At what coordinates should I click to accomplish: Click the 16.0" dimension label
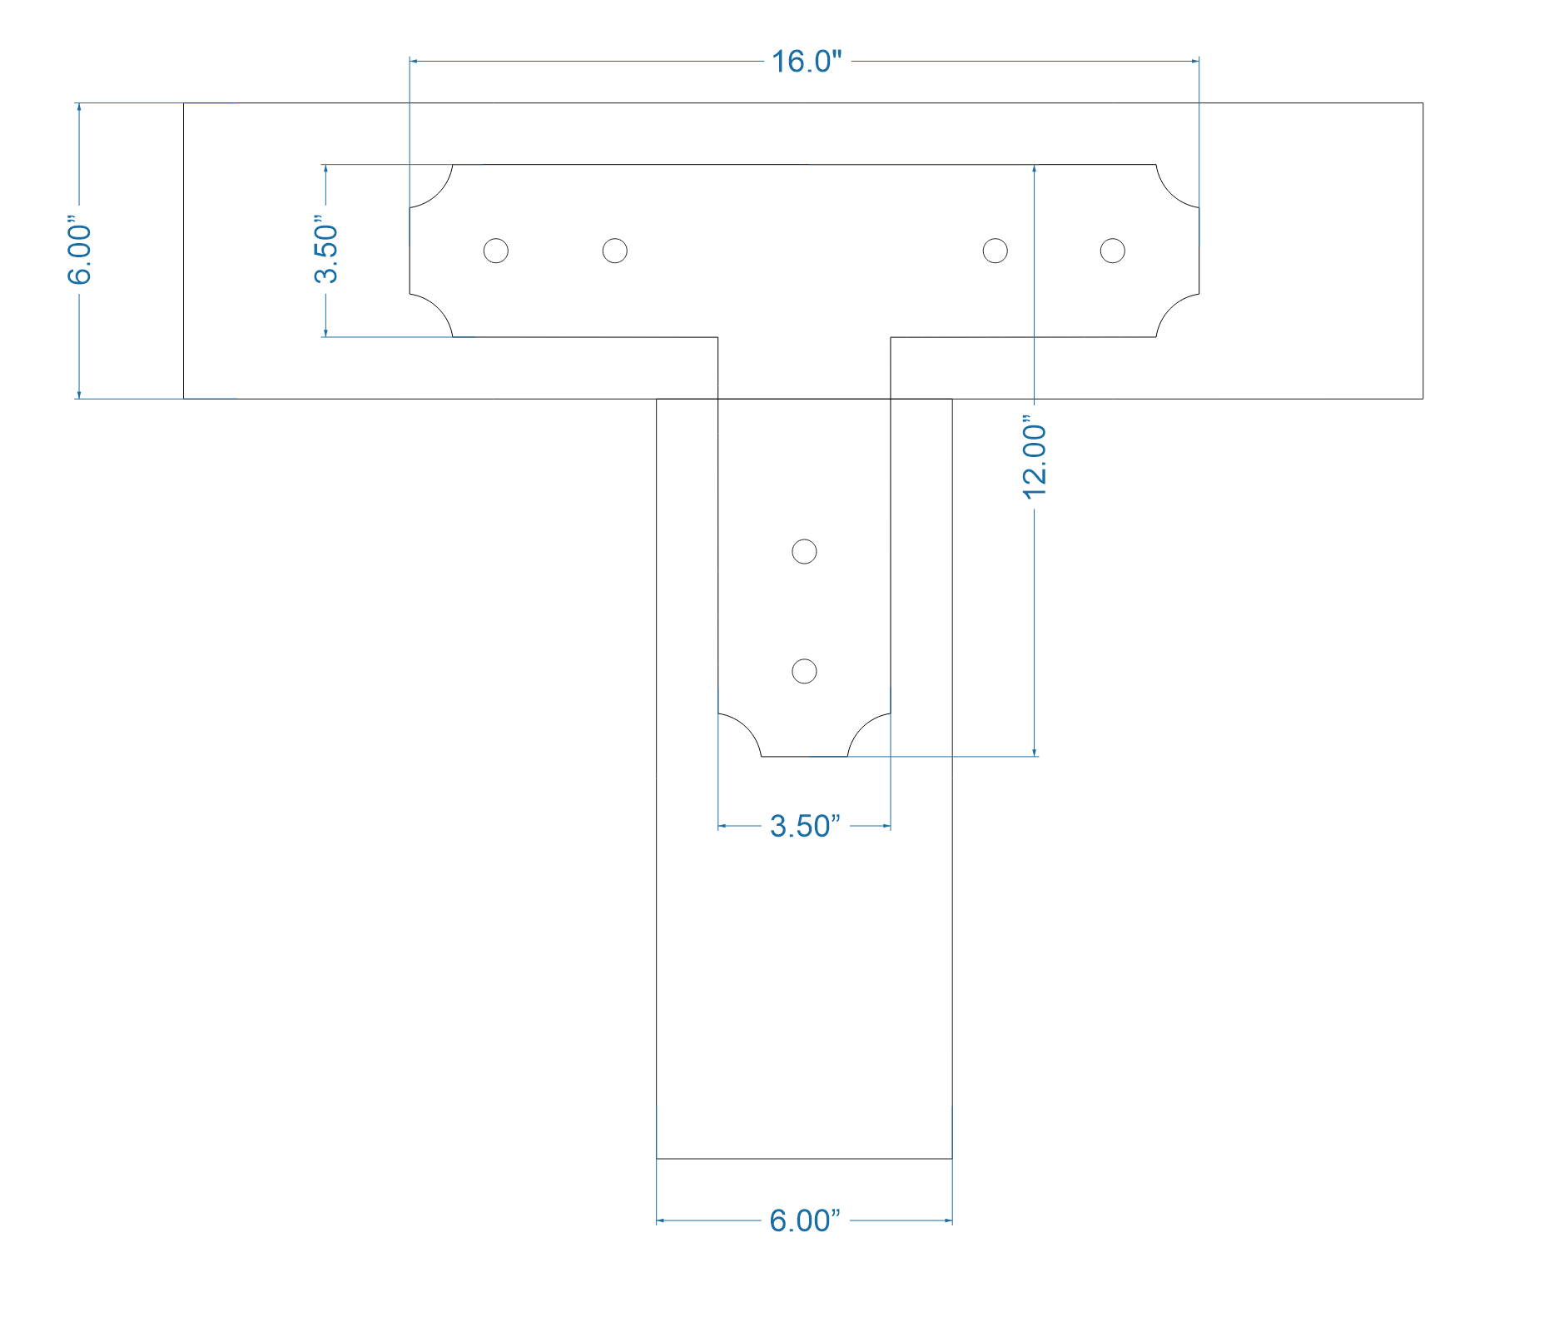(807, 62)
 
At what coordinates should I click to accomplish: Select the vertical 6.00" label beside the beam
(79, 253)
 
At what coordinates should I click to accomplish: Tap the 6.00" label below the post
(805, 1220)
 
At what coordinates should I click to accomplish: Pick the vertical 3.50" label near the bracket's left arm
(326, 251)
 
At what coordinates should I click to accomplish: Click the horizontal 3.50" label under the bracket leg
(805, 826)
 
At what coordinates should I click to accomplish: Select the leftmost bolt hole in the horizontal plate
(496, 251)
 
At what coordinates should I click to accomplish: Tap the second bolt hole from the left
(615, 251)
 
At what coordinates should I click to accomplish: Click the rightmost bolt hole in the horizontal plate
(1113, 251)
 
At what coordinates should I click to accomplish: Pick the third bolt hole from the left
(995, 251)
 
